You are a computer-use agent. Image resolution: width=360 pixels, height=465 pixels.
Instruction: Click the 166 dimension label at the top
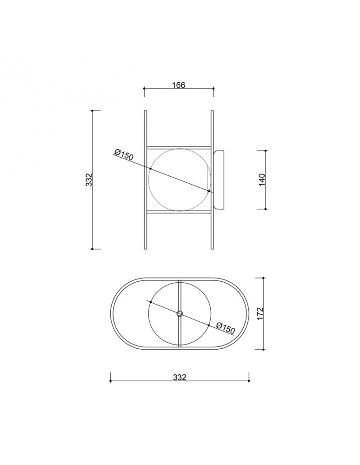[x=179, y=85]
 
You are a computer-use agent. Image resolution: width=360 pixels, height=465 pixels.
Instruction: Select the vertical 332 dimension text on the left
[x=89, y=179]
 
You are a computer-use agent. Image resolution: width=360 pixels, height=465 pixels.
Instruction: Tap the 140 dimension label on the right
[x=262, y=179]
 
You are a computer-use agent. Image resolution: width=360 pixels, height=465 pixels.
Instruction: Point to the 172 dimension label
[x=260, y=313]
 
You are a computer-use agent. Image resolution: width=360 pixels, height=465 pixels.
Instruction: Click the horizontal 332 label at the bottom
[x=179, y=377]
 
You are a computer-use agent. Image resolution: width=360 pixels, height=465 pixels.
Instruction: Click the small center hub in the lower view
[x=180, y=314]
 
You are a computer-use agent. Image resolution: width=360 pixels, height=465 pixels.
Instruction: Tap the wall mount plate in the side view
[x=220, y=179]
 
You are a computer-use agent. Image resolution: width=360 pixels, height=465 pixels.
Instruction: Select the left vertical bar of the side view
[x=146, y=179]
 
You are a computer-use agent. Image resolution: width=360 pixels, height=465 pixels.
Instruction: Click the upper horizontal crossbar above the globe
[x=179, y=147]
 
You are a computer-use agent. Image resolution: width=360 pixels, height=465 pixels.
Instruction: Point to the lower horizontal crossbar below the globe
[x=179, y=212]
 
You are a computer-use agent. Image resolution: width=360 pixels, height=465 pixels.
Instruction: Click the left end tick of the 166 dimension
[x=144, y=88]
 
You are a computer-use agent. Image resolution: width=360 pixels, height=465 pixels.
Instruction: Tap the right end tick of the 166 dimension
[x=213, y=88]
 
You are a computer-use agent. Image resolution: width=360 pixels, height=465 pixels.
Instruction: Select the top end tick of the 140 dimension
[x=266, y=151]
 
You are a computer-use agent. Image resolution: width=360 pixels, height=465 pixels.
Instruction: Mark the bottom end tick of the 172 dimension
[x=264, y=349]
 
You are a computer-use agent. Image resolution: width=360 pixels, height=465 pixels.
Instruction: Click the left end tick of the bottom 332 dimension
[x=110, y=381]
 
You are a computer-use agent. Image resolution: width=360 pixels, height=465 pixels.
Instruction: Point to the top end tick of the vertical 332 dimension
[x=92, y=111]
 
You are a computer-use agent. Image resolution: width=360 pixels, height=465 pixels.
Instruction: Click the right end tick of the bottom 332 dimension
[x=249, y=381]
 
